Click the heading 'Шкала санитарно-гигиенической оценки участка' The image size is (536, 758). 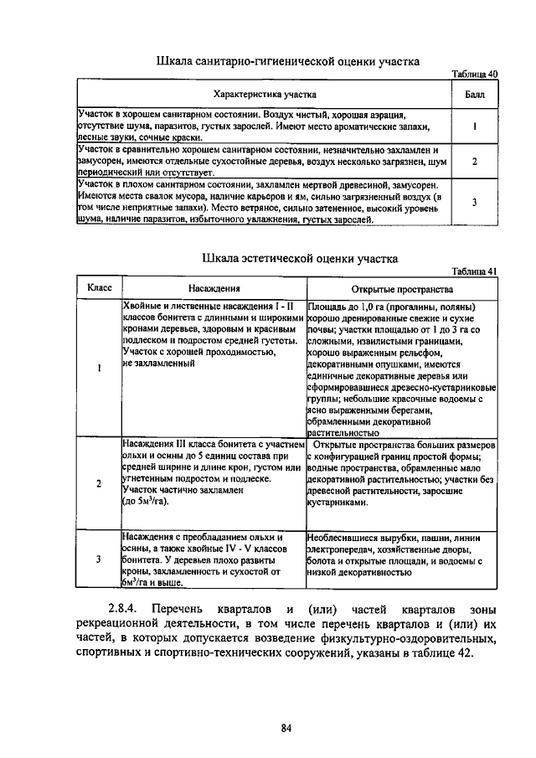pos(287,61)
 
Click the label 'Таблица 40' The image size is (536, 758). pos(474,74)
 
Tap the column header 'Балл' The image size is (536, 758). pos(474,94)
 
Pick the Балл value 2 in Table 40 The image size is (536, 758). pos(474,160)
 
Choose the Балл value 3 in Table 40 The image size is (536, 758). pos(474,202)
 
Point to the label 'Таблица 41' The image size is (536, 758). pos(474,271)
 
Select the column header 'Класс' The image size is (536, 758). pos(99,287)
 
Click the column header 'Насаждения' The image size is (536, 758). pos(213,287)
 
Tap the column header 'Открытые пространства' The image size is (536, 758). pos(402,287)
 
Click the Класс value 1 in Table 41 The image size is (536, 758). pos(99,369)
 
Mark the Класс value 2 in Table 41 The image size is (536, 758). pos(99,483)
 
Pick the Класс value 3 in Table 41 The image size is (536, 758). pos(99,558)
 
